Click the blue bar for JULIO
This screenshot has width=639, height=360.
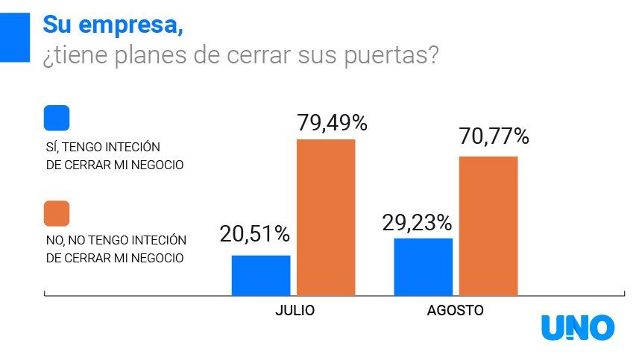[x=261, y=275]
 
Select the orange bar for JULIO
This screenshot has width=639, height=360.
[x=326, y=217]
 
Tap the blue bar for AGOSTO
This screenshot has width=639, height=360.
[x=423, y=267]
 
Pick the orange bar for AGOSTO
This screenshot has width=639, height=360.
[x=488, y=225]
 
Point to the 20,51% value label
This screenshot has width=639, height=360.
[x=254, y=234]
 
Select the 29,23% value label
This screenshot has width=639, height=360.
[x=417, y=222]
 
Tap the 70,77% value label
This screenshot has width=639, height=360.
[x=494, y=136]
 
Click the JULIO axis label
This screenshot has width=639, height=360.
[x=294, y=311]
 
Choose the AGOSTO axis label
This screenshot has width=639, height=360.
[x=455, y=311]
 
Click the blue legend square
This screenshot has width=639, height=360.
[x=57, y=118]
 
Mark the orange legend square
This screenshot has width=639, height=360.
[x=57, y=213]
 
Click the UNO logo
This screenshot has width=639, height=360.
[x=578, y=327]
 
